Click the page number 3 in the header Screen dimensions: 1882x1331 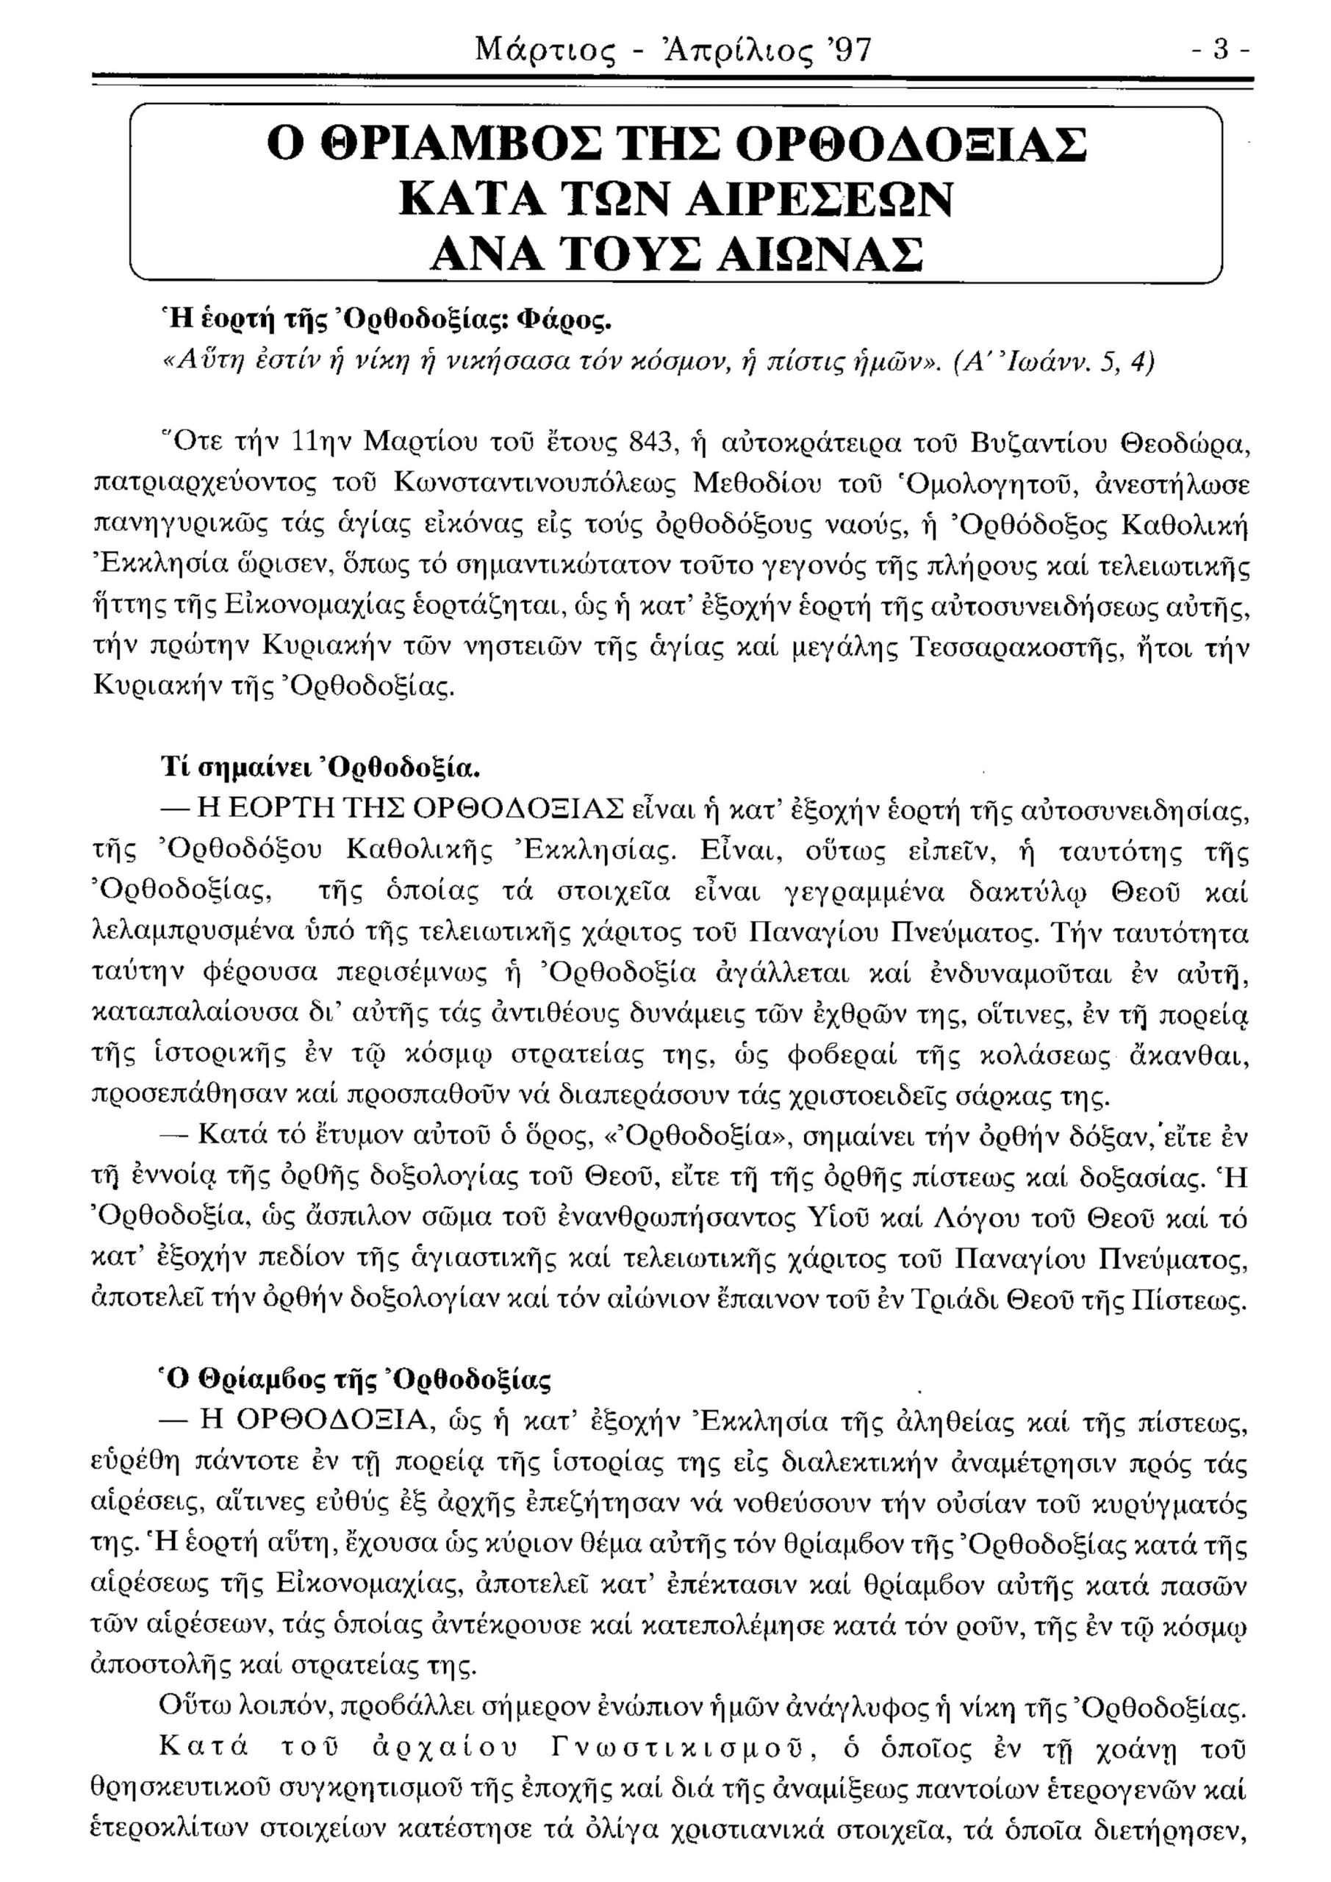tap(1222, 51)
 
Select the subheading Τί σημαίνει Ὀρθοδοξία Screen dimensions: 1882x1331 tap(320, 770)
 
